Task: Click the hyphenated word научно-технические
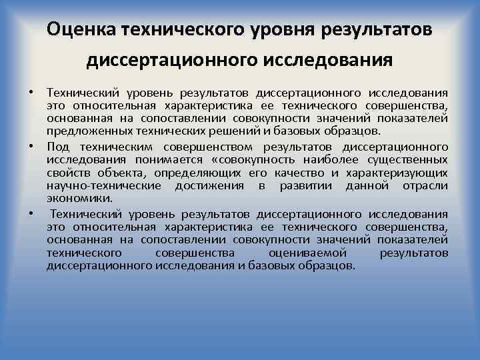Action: coord(104,185)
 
